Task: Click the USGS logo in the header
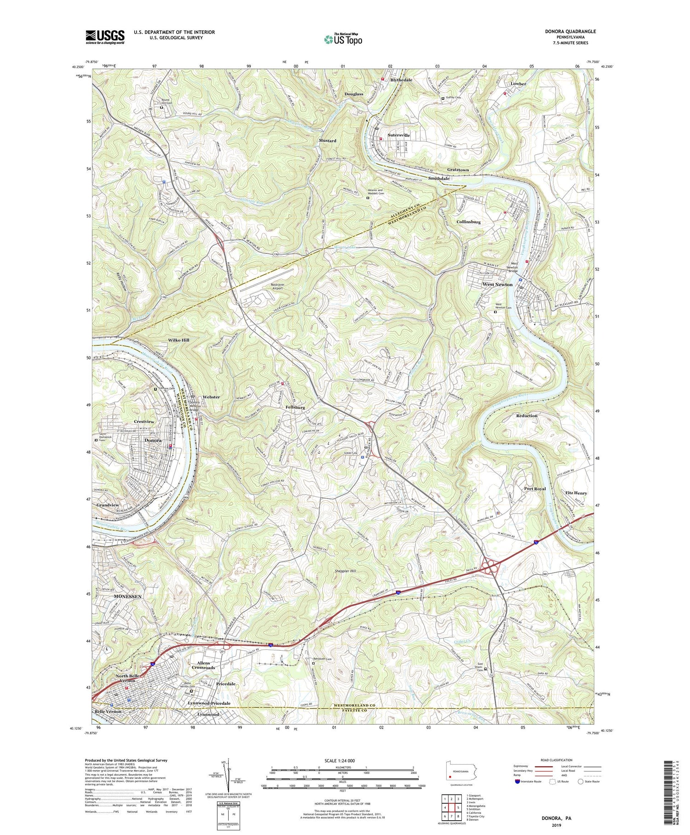(105, 37)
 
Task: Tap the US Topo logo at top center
(343, 40)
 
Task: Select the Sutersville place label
(398, 135)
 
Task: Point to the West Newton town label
(497, 285)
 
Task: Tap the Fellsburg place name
(295, 408)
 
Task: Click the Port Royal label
(535, 489)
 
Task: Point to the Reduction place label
(527, 415)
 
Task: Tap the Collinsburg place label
(468, 222)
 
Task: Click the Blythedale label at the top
(401, 80)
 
